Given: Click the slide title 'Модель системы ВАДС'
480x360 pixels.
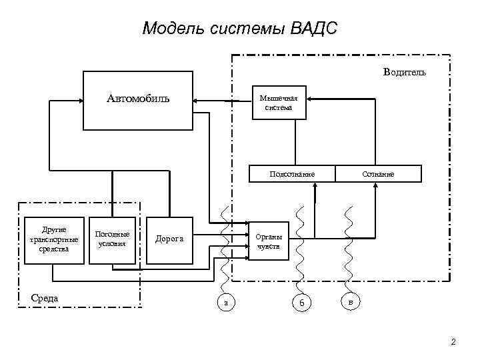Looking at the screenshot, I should (240, 29).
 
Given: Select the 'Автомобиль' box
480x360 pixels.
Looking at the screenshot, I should (138, 100).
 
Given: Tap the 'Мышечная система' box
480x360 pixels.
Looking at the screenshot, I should (279, 103).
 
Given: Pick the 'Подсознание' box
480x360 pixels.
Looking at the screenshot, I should (292, 174).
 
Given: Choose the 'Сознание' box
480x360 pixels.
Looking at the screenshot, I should (378, 174).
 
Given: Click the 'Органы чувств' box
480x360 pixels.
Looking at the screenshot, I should (269, 241).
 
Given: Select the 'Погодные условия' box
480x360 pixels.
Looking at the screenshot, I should (112, 239).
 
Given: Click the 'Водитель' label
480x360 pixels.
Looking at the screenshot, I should (405, 72).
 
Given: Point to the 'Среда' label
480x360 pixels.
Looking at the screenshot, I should (45, 297).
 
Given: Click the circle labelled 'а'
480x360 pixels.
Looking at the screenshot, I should (226, 303).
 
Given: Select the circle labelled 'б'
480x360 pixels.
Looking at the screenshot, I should (301, 303).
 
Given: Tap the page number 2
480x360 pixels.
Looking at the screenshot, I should (453, 343).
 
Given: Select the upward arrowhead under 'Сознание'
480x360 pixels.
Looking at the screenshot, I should (377, 187).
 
